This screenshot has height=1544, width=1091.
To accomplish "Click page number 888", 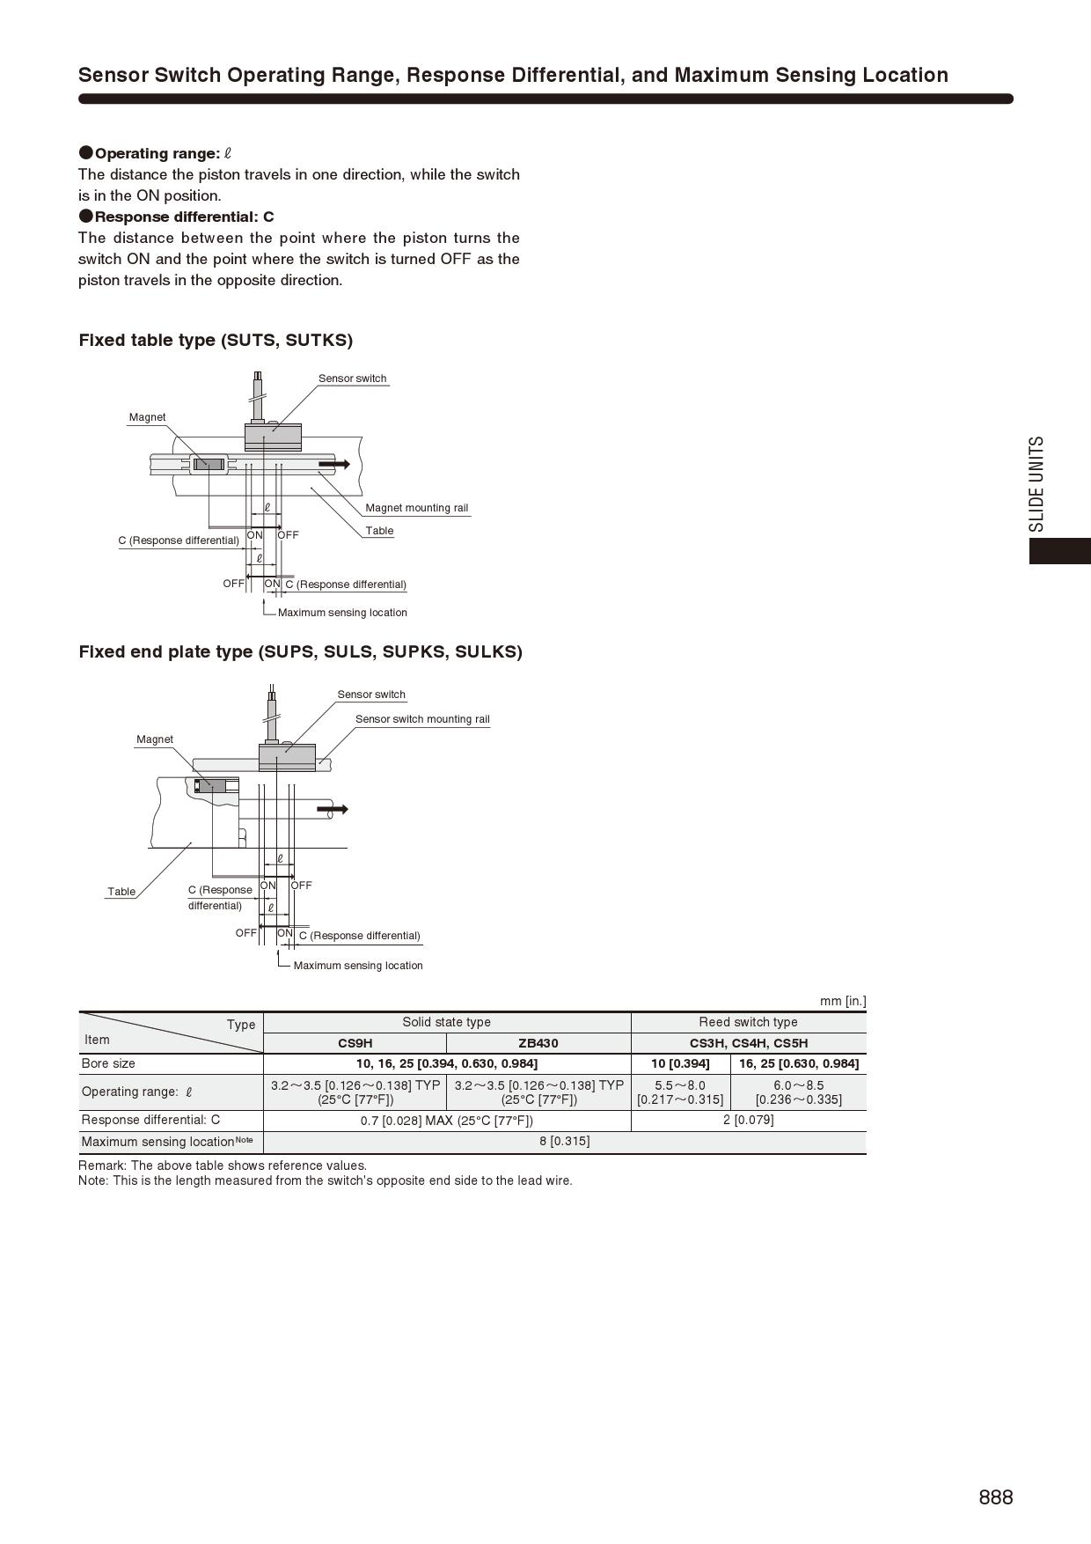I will pos(995,1497).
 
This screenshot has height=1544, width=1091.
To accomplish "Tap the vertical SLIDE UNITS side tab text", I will pos(1037,484).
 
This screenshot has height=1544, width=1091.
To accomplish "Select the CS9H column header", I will pos(355,1043).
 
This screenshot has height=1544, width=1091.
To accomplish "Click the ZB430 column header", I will pos(538,1043).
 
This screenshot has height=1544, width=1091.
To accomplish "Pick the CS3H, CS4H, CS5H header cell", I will pos(749,1043).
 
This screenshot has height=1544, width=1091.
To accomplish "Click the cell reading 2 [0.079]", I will pos(749,1120).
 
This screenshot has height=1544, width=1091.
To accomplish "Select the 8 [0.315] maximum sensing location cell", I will pos(565,1142).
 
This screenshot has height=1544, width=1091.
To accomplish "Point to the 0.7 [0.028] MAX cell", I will pos(447,1121).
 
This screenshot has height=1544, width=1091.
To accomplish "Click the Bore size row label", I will pos(109,1063).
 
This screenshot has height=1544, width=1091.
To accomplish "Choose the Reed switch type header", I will pos(749,1022).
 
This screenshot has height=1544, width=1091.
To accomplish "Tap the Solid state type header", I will pos(447,1022).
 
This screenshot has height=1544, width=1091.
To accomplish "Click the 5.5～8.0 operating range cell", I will pos(680,1092).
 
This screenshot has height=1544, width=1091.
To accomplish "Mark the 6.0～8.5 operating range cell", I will pos(799,1092).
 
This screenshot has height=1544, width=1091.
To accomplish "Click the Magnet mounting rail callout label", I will pos(417,508).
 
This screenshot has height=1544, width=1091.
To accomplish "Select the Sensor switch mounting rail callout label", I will pos(422,719).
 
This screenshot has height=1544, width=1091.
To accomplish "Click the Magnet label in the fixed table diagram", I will pos(147,417).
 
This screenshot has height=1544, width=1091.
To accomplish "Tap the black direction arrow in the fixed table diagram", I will pos(334,464).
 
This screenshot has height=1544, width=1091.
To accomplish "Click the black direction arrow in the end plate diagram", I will pos(333,809).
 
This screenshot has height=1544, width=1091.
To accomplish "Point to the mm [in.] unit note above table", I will pos(843,1001).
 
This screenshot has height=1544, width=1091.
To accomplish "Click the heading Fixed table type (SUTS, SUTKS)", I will pos(216,340).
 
